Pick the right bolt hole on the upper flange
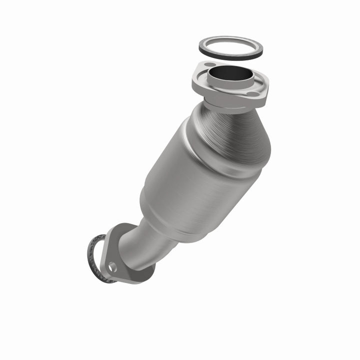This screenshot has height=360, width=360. click(254, 93)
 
